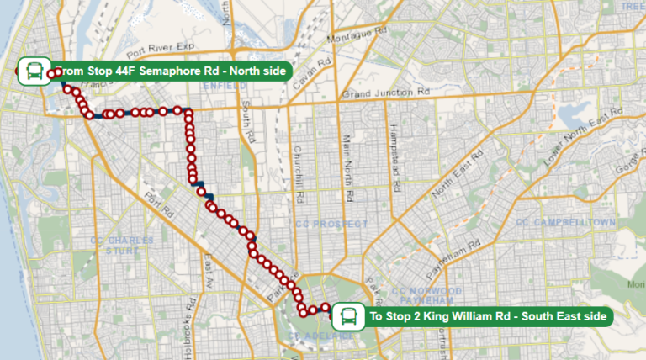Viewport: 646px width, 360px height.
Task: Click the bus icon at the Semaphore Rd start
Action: click(34, 71)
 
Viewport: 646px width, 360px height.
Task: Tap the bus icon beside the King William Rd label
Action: click(347, 317)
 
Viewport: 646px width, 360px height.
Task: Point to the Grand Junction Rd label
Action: click(386, 92)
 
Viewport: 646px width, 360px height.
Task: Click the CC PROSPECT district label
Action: click(331, 224)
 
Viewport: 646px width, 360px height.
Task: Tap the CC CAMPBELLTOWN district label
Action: click(565, 222)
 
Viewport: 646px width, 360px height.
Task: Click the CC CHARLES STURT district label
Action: click(122, 245)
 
